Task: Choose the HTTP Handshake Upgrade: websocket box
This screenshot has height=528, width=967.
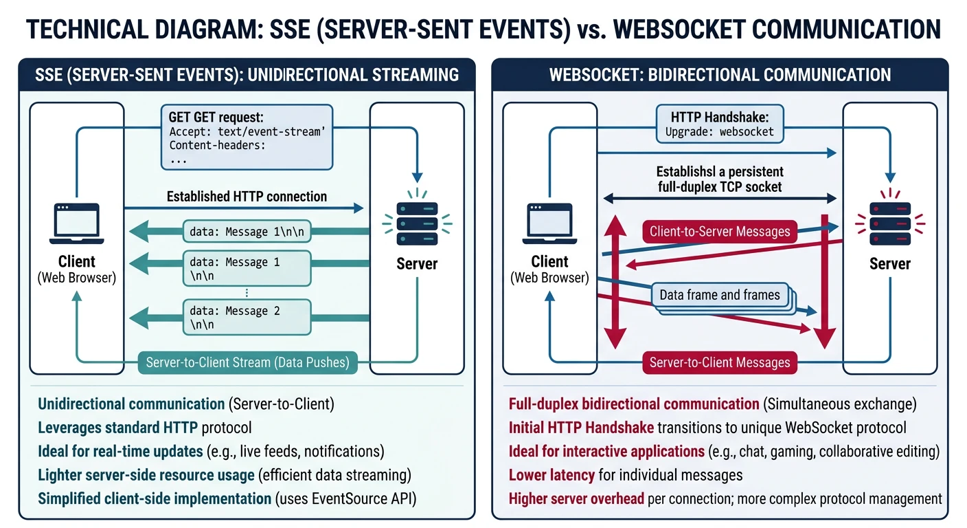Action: (x=719, y=124)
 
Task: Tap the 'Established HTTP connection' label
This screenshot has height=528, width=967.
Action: (x=247, y=197)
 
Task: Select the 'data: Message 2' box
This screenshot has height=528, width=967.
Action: (x=247, y=317)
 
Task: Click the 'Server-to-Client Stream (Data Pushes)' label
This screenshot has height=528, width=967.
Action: (x=247, y=362)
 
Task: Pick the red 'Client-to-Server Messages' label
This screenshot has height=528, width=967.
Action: (x=720, y=232)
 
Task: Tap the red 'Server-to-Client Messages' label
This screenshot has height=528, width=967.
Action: (x=719, y=362)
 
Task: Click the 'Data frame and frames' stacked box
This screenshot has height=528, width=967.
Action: (x=720, y=296)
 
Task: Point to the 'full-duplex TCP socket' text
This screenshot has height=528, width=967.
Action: (x=719, y=186)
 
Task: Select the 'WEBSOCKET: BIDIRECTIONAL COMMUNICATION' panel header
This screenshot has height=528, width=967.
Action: (x=720, y=74)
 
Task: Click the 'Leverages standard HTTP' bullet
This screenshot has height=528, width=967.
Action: (x=117, y=428)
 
